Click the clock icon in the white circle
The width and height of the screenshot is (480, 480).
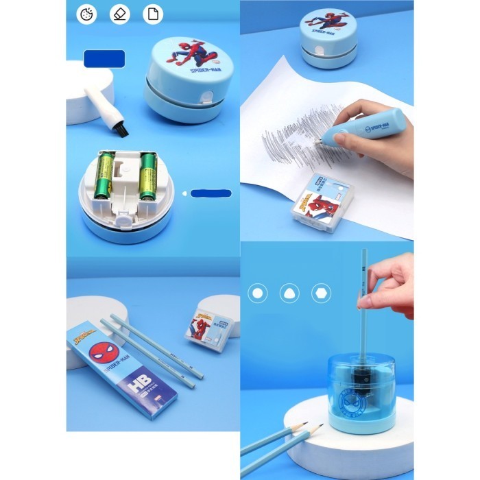point(86,14)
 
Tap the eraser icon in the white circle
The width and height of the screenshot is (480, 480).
point(120,14)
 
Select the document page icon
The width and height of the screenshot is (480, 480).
point(153,14)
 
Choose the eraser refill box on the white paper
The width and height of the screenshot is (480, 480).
point(320,203)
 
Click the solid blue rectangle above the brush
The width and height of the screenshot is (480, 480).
point(104,59)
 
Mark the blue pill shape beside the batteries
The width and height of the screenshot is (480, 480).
point(211,193)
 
